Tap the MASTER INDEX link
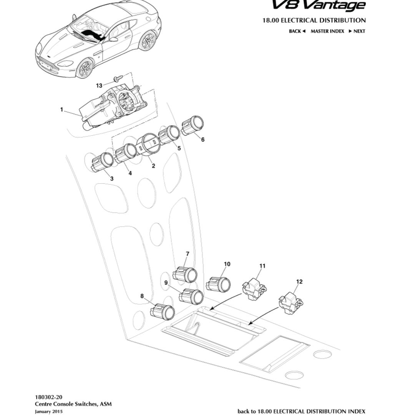(327, 31)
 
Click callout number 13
(99, 86)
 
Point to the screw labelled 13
(118, 79)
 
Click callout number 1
(61, 110)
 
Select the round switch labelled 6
(193, 125)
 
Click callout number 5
(179, 148)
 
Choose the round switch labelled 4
(126, 153)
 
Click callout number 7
(188, 254)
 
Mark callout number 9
(166, 282)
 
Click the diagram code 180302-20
(48, 397)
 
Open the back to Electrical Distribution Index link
(301, 412)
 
